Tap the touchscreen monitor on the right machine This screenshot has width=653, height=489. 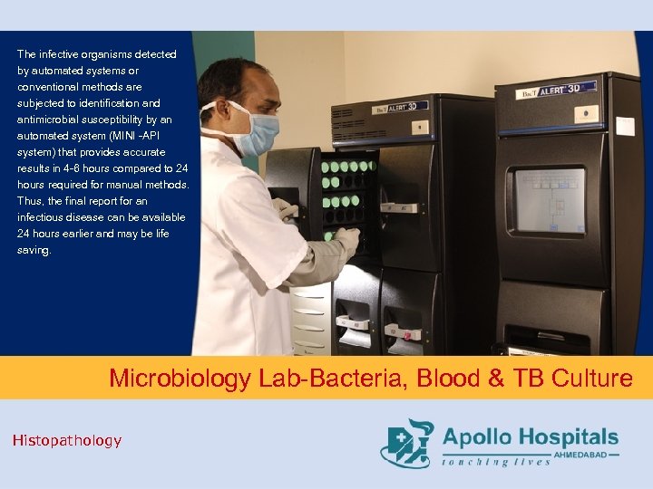(550, 200)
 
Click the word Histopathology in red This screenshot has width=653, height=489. (66, 440)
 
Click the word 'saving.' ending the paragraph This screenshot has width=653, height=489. (34, 250)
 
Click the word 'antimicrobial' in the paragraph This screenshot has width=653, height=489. (52, 120)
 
